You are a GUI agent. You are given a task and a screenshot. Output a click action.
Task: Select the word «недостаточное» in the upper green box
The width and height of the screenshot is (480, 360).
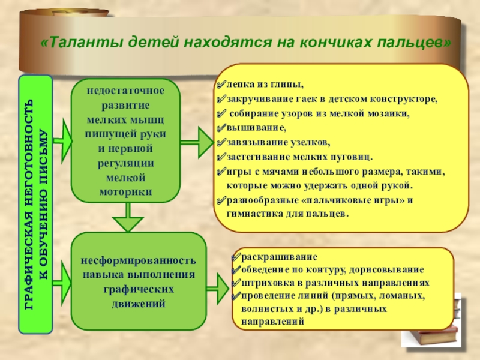[125, 89]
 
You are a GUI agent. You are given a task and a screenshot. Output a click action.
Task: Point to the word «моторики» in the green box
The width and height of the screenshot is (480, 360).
[125, 191]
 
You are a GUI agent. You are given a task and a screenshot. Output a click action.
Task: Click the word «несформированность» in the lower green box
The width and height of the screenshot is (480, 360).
[139, 262]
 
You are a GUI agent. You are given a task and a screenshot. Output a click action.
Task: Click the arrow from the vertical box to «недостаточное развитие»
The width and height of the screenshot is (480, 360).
[62, 142]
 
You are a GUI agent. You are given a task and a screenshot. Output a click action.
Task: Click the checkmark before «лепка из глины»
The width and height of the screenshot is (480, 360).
[220, 85]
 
